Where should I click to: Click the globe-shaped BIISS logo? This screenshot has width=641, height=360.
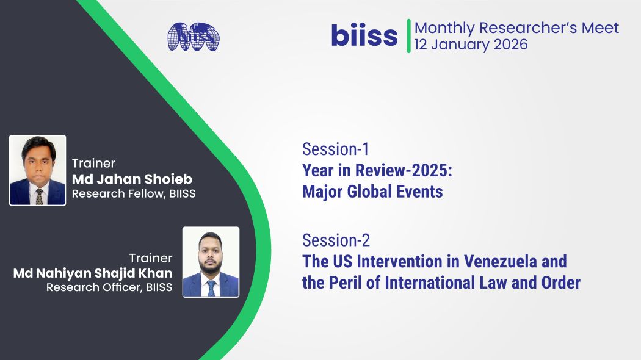tap(194, 37)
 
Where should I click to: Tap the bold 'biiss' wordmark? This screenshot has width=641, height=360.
tap(364, 35)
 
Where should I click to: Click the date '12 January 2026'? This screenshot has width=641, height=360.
tap(471, 45)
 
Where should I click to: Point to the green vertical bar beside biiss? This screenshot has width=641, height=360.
tap(408, 36)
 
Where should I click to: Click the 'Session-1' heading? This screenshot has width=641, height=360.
tap(336, 149)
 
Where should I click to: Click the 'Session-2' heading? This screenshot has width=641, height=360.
tap(336, 240)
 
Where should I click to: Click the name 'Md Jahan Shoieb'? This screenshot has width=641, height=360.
tap(132, 179)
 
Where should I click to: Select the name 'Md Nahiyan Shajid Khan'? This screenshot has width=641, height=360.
tap(93, 273)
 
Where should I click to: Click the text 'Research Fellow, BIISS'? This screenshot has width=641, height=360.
tap(134, 193)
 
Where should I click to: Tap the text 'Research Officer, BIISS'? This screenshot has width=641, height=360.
tap(109, 287)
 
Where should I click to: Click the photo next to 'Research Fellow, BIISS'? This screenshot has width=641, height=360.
tap(38, 170)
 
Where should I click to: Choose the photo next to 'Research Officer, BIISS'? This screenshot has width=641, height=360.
tap(211, 262)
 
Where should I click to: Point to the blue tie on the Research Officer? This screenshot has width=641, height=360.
tap(211, 287)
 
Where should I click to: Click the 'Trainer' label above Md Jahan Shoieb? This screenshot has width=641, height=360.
tap(93, 164)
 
